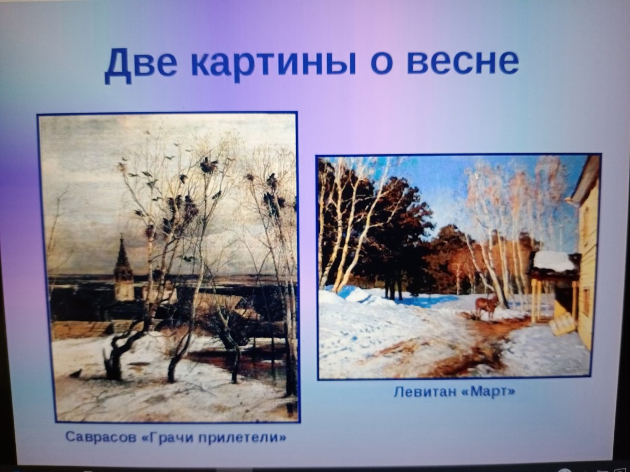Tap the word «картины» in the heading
pyautogui.click(x=273, y=63)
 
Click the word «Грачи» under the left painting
pyautogui.click(x=169, y=436)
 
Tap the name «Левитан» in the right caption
pyautogui.click(x=425, y=392)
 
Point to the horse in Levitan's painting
pyautogui.click(x=487, y=305)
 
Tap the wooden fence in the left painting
pyautogui.click(x=79, y=329)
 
